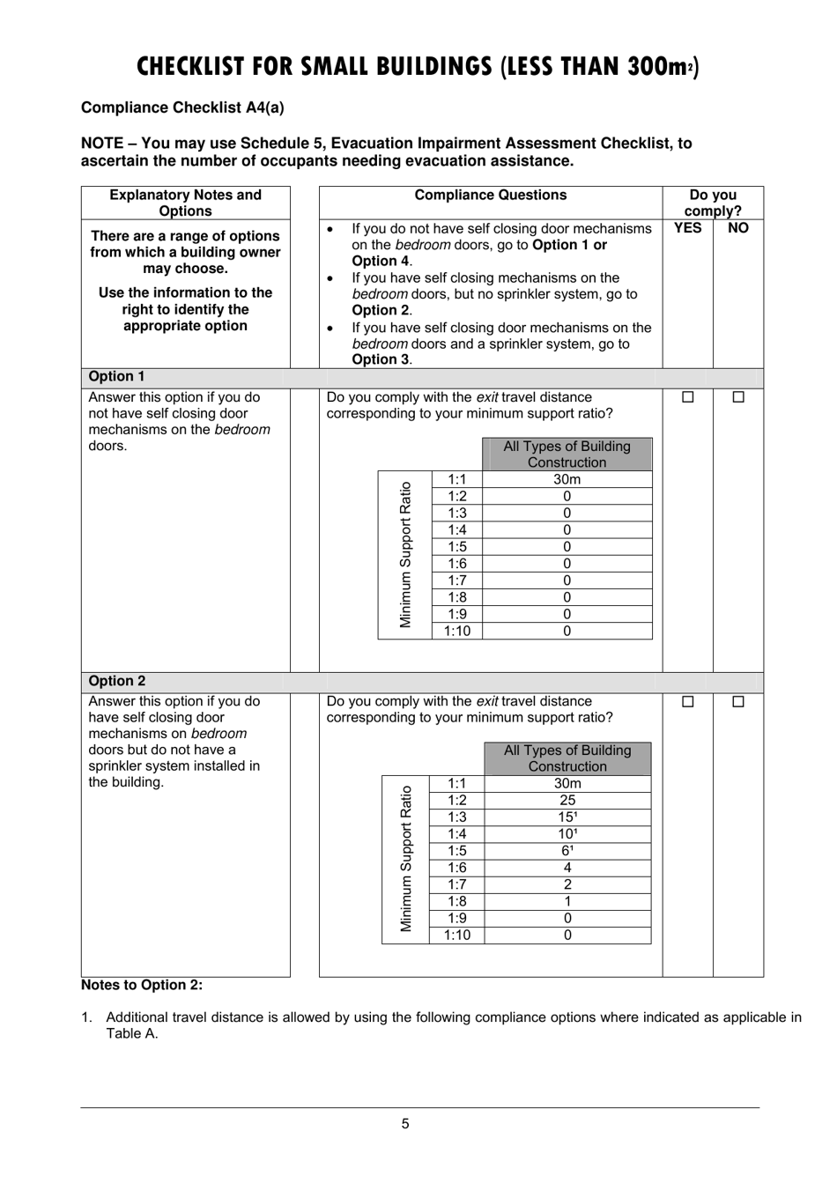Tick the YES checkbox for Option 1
[x=688, y=397]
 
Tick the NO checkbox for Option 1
[x=738, y=397]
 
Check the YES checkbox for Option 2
[x=688, y=702]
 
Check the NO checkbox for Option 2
[x=738, y=702]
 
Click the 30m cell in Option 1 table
[x=567, y=479]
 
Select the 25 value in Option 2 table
[x=567, y=800]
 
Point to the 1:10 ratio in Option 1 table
[x=457, y=631]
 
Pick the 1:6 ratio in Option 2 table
[x=457, y=868]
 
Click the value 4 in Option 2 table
[x=567, y=868]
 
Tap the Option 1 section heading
[x=116, y=376]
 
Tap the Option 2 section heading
[x=116, y=681]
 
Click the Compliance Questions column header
[x=491, y=196]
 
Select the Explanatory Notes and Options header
[x=185, y=203]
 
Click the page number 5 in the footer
[x=405, y=1123]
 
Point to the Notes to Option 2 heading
[x=142, y=985]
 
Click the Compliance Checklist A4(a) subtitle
[x=182, y=107]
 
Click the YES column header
[x=687, y=228]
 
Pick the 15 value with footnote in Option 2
[x=567, y=817]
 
